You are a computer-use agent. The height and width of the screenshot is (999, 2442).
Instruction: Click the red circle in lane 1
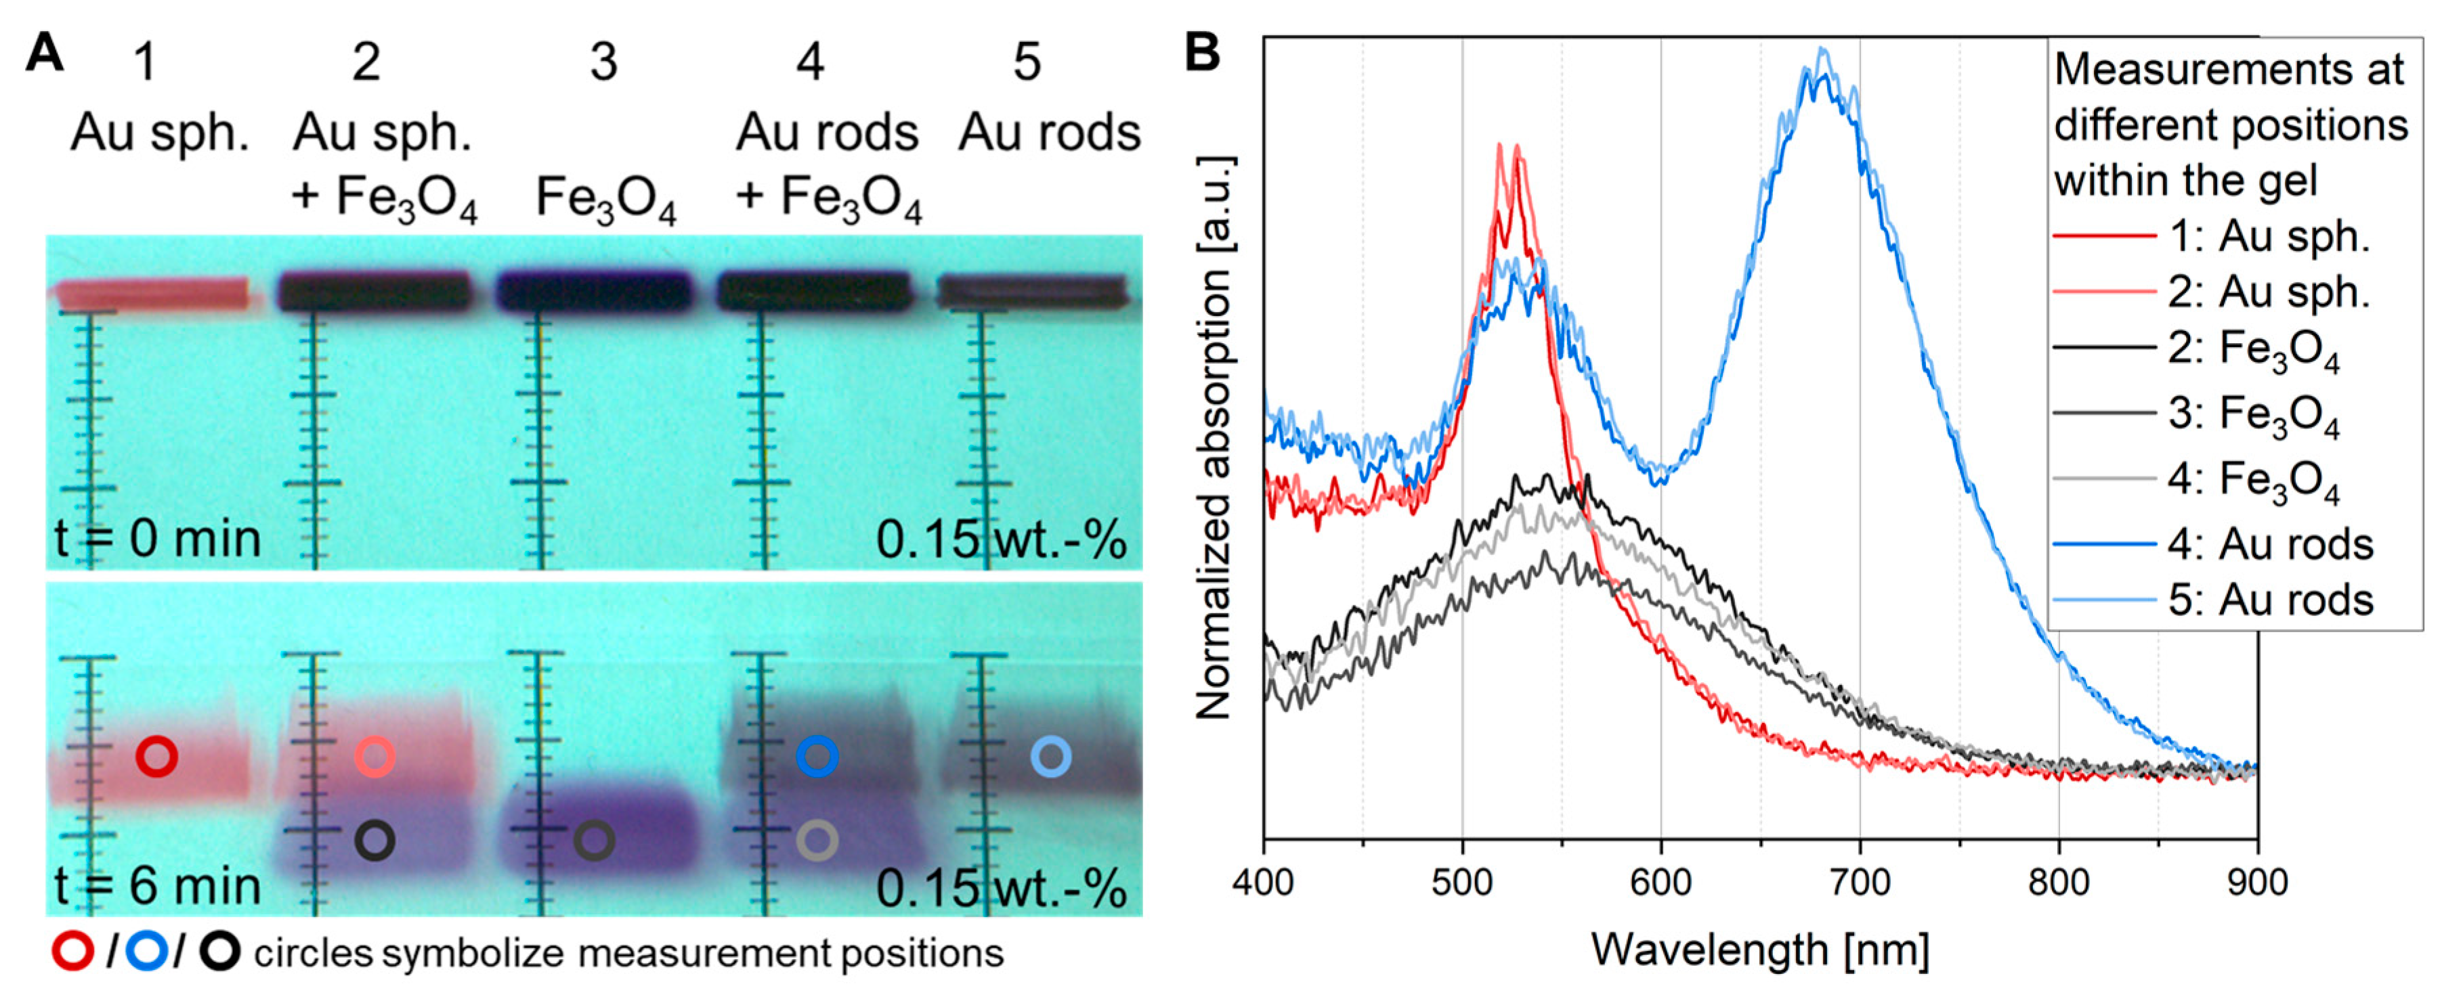[156, 757]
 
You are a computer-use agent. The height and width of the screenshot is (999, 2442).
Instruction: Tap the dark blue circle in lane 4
[817, 757]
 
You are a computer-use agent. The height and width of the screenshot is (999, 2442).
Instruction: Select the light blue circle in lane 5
[1050, 757]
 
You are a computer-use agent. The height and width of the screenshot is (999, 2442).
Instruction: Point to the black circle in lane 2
[375, 840]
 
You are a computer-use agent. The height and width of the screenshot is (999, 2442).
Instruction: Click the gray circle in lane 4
[817, 840]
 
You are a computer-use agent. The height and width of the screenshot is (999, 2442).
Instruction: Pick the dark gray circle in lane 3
[595, 840]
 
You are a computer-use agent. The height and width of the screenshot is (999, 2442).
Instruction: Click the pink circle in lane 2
[375, 757]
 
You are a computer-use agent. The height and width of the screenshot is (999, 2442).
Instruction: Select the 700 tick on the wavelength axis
[1859, 881]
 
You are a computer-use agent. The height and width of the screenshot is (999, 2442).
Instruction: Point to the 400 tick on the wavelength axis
[1264, 881]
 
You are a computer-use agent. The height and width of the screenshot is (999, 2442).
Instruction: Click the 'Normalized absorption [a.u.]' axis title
[1214, 436]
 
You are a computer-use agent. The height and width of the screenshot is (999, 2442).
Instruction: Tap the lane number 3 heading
[604, 62]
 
